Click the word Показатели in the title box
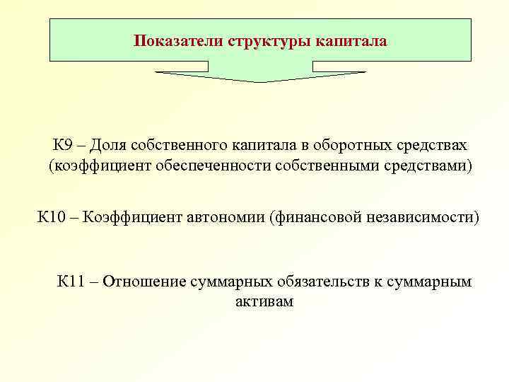point(178,40)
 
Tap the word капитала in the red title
point(353,40)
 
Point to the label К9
point(62,146)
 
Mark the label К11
point(71,281)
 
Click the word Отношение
point(145,281)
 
